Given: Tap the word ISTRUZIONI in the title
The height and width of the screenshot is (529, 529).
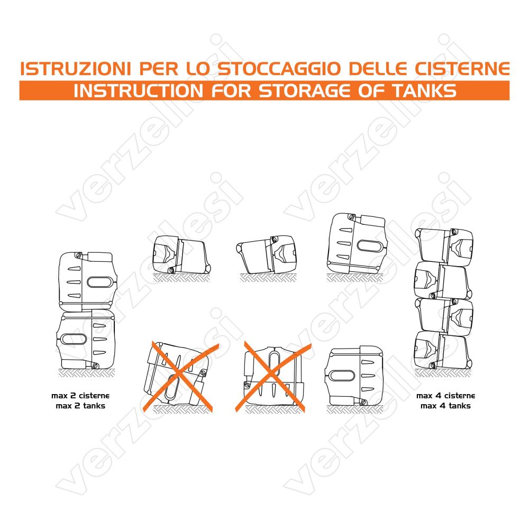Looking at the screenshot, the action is [x=75, y=69].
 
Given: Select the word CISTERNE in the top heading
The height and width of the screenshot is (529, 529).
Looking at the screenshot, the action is [x=462, y=69].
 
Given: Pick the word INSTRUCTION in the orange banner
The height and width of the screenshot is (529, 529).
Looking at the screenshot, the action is [x=138, y=91].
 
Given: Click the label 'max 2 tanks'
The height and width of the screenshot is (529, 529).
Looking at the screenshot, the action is [x=80, y=406].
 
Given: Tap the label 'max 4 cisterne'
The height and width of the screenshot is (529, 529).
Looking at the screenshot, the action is [x=445, y=395].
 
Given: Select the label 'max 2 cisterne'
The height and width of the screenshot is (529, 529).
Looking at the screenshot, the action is [x=80, y=395].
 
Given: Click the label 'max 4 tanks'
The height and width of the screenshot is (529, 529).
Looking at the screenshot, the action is [x=445, y=406].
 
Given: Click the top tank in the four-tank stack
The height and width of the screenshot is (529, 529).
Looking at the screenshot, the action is [x=444, y=246].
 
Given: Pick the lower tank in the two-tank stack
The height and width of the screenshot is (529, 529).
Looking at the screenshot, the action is [x=86, y=340].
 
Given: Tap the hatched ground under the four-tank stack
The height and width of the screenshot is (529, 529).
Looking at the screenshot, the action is [x=443, y=373].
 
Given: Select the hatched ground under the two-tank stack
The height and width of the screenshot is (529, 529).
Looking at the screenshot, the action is [x=86, y=373].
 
